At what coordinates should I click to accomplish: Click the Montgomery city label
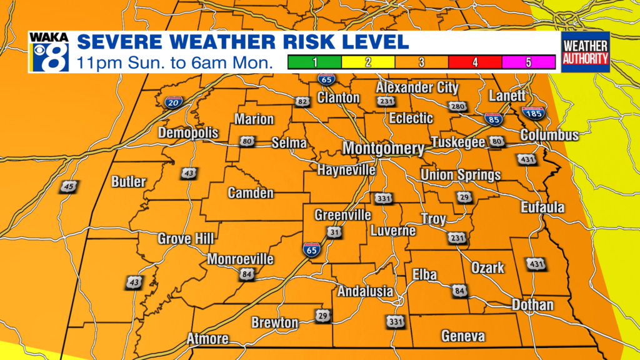click(x=383, y=149)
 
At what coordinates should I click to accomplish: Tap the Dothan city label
click(x=532, y=305)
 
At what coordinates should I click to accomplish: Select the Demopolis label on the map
click(x=188, y=133)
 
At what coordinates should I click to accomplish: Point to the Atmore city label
click(x=207, y=339)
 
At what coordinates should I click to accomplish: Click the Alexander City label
click(x=417, y=87)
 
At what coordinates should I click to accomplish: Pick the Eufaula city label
click(x=543, y=207)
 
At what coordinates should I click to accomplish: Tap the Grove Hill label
click(x=186, y=239)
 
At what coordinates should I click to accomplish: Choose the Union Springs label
click(x=461, y=175)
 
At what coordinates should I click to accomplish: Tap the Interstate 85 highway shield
click(x=493, y=119)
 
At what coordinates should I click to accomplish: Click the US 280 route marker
click(x=458, y=107)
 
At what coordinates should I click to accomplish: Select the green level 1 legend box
click(x=314, y=62)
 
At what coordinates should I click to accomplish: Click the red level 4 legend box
click(x=475, y=62)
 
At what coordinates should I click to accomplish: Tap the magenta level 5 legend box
click(x=529, y=62)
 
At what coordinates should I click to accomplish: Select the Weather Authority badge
click(x=585, y=52)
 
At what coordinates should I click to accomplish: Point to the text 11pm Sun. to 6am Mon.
click(x=176, y=62)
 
